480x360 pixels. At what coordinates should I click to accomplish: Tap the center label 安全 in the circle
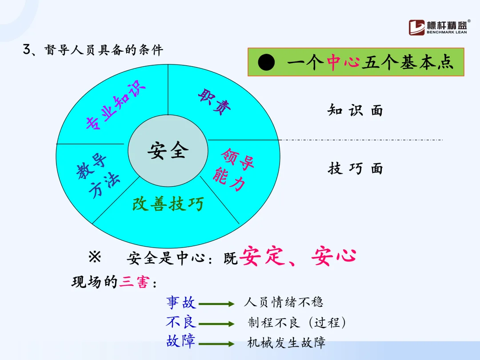click(x=168, y=151)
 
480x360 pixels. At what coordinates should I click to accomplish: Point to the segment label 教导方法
click(x=98, y=176)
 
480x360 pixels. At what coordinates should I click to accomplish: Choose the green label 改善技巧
click(x=168, y=204)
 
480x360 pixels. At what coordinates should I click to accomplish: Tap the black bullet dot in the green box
click(x=267, y=63)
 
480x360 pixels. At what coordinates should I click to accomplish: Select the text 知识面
click(x=355, y=110)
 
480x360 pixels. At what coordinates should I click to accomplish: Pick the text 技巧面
click(x=355, y=168)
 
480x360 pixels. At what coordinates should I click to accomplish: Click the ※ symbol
click(x=95, y=257)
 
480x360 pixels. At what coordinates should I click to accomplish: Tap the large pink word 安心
click(x=334, y=256)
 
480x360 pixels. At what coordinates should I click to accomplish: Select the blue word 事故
click(x=181, y=303)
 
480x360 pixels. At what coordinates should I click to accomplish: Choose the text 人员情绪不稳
click(x=283, y=303)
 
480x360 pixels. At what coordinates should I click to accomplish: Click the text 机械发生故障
click(x=286, y=343)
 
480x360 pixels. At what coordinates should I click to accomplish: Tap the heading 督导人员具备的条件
click(x=104, y=50)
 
